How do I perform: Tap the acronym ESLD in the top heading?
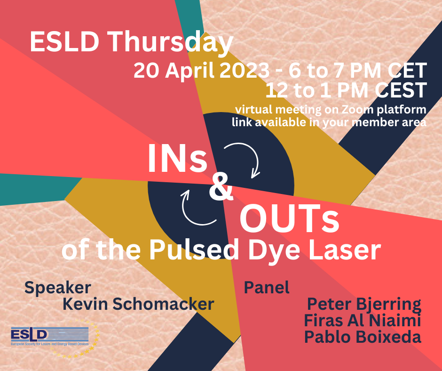coord(64,42)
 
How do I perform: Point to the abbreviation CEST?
coord(401,90)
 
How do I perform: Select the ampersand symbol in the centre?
coord(221,187)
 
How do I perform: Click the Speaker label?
coord(58,288)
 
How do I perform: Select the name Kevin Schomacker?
coord(138,304)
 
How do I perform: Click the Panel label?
coord(267,287)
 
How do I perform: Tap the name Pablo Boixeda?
coord(363,337)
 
